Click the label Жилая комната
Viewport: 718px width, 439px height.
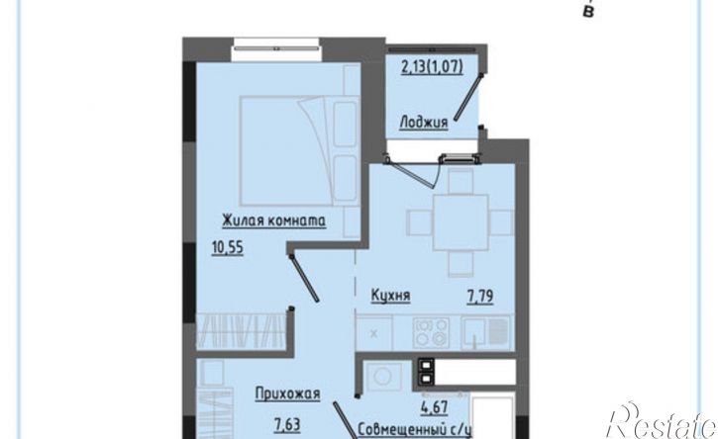click(273, 220)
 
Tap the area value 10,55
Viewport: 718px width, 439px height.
click(228, 248)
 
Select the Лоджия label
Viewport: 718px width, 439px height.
click(424, 123)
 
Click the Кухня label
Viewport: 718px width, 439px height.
click(390, 296)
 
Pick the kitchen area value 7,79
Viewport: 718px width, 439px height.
click(480, 297)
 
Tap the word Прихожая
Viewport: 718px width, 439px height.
click(287, 394)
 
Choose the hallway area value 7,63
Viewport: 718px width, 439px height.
click(287, 425)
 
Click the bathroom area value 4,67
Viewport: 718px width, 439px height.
click(434, 407)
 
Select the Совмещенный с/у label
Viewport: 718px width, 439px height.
click(414, 430)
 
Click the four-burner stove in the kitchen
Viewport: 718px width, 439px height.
click(431, 332)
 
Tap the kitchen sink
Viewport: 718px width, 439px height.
click(485, 332)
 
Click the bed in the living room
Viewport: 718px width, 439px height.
click(299, 150)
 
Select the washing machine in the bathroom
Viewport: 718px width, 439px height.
click(382, 377)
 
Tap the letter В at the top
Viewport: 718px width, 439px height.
click(588, 12)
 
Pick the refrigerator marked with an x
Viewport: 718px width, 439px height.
click(374, 333)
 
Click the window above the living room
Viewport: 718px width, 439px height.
click(275, 47)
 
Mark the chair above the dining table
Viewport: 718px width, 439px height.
click(461, 181)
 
